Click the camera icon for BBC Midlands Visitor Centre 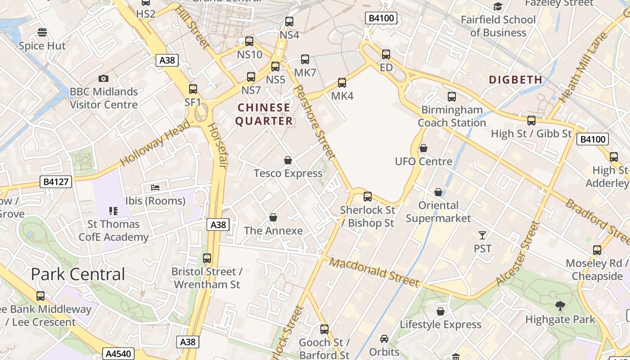[x=103, y=79]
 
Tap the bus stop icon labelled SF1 [x=193, y=89]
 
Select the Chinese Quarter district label [x=264, y=114]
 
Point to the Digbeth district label [x=516, y=80]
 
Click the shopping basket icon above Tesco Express [x=288, y=160]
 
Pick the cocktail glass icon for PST [x=482, y=235]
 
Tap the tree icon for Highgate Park [x=560, y=306]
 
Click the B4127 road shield [x=56, y=182]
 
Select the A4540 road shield [x=118, y=354]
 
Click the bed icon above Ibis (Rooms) [x=155, y=187]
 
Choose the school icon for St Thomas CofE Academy [x=113, y=211]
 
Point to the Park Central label [x=78, y=274]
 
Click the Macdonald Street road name [x=374, y=272]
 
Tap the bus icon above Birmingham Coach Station [x=452, y=97]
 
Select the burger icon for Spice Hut [x=42, y=32]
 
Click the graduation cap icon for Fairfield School [x=498, y=6]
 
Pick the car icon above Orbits [x=384, y=338]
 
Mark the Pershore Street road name [x=315, y=122]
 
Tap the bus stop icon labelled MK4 [x=342, y=83]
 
